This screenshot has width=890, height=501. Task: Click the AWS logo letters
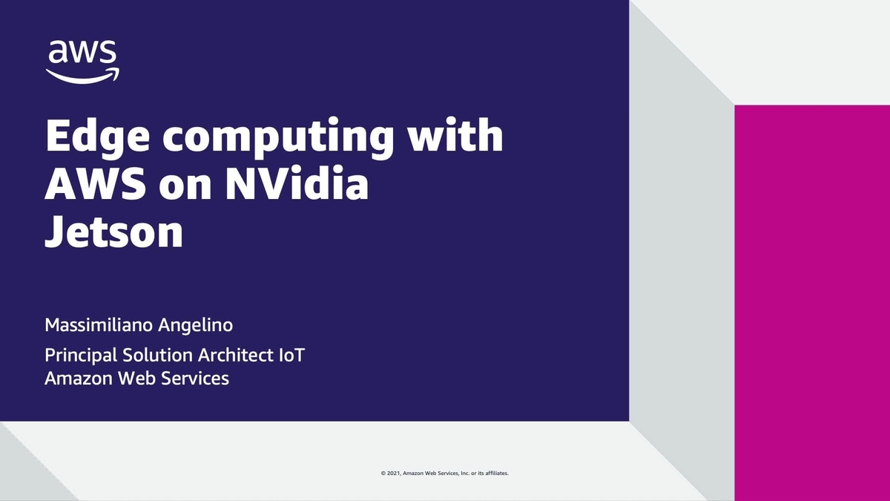click(82, 53)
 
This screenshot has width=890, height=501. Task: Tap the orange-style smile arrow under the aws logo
click(82, 75)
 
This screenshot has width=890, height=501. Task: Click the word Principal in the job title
click(79, 356)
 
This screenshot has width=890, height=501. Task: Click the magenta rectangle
click(811, 297)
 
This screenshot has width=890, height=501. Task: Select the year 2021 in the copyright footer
click(392, 473)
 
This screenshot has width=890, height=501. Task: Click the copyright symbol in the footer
click(383, 473)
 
